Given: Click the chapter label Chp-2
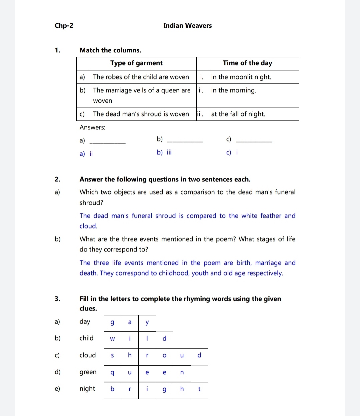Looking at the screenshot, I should [64, 26].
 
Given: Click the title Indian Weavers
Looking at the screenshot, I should [187, 26].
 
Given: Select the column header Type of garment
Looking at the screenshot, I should [136, 63].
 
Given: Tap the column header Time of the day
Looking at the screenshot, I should [247, 63].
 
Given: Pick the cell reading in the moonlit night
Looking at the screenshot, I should [241, 77].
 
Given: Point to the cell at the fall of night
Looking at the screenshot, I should [238, 114].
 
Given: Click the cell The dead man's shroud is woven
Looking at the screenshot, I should [141, 114].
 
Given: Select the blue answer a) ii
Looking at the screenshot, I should [86, 154].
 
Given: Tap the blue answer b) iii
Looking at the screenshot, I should [164, 152].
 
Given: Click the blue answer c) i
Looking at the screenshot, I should [232, 152].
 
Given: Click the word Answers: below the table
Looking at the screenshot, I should [92, 127].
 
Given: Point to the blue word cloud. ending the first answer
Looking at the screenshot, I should [88, 226].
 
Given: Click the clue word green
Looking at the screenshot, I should [88, 372].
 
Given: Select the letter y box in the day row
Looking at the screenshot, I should [147, 323].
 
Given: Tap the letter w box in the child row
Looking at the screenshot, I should [112, 339].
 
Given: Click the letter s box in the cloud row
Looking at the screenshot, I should [112, 356].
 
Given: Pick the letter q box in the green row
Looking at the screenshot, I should [112, 373].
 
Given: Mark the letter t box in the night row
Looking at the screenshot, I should [199, 389].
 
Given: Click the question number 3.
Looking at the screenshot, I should [57, 299].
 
